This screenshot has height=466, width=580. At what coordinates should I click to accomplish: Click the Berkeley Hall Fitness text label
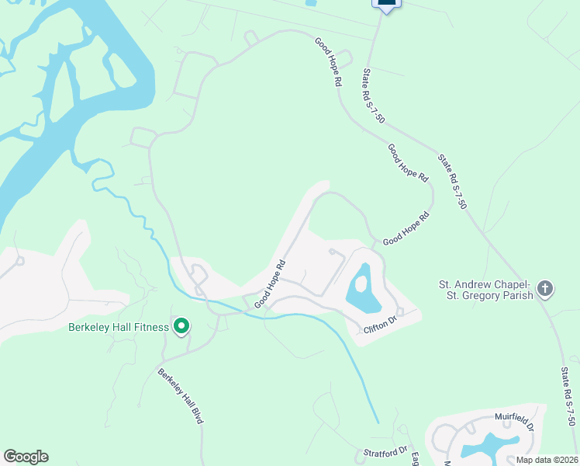point(119,327)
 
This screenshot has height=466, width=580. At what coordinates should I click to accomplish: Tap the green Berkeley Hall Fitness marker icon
point(181,326)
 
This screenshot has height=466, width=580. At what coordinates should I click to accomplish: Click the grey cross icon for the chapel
point(545,289)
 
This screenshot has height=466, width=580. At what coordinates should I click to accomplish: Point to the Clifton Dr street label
point(381,325)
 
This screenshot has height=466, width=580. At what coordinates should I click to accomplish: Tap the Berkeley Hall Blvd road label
point(181,395)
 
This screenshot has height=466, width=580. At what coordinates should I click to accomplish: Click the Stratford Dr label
point(385,452)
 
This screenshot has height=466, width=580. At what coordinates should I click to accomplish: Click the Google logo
point(26,457)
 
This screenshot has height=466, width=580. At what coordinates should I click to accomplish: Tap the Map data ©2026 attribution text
point(547,460)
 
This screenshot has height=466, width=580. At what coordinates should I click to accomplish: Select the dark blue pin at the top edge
point(387,4)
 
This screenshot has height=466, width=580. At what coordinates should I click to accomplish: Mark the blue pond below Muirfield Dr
point(485,446)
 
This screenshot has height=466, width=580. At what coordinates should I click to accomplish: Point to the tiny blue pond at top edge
point(310,3)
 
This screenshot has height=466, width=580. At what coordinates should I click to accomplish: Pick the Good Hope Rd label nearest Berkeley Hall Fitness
point(271,283)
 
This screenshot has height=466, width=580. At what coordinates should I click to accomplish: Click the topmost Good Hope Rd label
point(328,61)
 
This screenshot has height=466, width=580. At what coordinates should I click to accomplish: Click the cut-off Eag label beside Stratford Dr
point(415,458)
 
